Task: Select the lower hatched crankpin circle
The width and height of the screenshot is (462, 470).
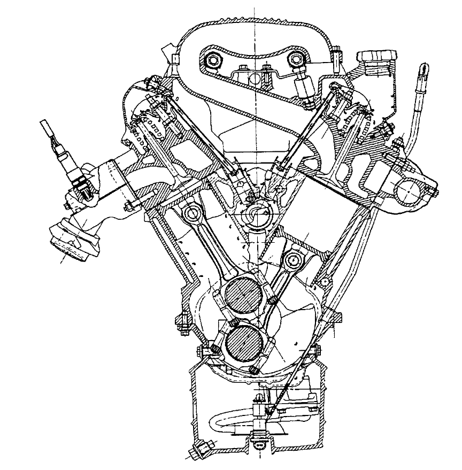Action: (244, 344)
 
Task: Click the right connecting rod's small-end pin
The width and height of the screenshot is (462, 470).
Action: (291, 261)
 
